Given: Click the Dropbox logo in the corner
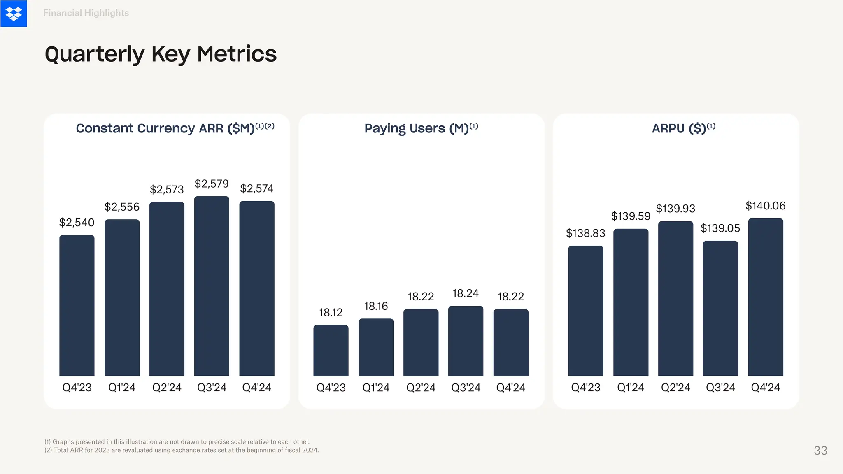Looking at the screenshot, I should (14, 14).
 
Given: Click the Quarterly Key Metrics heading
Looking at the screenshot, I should (161, 54).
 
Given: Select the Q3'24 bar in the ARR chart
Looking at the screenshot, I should (212, 286).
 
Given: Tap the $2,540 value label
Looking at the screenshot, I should (77, 223).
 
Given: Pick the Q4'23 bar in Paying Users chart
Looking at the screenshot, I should (331, 350).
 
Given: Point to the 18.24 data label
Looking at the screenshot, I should (466, 293).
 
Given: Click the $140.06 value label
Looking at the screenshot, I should (765, 206).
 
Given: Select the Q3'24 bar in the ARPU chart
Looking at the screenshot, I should (720, 308).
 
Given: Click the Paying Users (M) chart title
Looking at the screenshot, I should (421, 128).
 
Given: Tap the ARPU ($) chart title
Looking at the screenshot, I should (683, 128).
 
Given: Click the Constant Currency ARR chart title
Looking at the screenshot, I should (175, 128).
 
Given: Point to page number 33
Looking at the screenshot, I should (820, 451).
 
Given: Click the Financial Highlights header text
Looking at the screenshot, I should (86, 13).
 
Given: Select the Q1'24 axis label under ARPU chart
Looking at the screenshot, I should (631, 388).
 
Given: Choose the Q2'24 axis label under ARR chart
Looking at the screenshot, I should (167, 388).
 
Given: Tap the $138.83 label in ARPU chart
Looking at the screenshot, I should (585, 233).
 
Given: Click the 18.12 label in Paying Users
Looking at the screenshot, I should (331, 313).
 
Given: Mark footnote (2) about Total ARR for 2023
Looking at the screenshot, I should (182, 450).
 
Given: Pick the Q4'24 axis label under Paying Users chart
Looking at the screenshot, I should (511, 388).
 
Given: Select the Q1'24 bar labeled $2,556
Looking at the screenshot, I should (122, 297).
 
